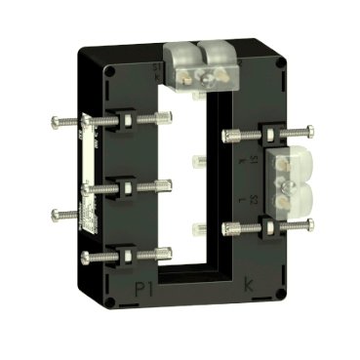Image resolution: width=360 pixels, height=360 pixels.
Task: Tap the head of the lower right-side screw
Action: tap(314, 228)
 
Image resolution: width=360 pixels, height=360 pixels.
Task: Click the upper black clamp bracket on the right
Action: tap(240, 134)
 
